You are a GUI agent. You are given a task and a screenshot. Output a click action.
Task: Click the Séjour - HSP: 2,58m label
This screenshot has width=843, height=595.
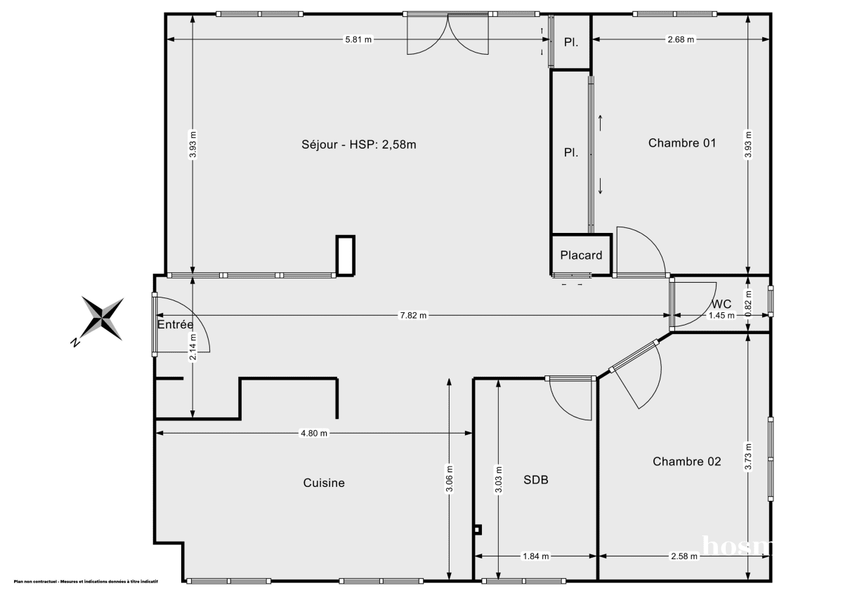click(x=359, y=145)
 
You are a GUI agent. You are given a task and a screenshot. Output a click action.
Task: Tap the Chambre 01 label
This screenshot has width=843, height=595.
click(x=681, y=143)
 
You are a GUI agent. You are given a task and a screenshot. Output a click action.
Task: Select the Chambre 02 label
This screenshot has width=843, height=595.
click(x=686, y=462)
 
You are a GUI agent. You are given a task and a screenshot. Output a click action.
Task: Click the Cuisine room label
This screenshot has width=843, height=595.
click(x=324, y=483)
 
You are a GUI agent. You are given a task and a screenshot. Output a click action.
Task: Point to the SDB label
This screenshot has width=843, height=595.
click(x=535, y=481)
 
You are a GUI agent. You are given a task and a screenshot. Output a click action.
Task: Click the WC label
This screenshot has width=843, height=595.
click(x=721, y=305)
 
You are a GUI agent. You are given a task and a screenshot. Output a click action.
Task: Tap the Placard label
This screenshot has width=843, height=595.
click(x=581, y=255)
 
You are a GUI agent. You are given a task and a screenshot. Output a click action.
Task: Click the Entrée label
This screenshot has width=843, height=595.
click(x=175, y=325)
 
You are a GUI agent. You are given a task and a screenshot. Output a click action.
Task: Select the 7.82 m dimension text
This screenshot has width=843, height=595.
click(x=413, y=316)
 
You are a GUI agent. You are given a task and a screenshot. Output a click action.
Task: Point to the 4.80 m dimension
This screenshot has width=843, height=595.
click(x=314, y=434)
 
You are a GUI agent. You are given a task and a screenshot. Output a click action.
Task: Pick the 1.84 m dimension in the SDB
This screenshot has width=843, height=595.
click(x=535, y=556)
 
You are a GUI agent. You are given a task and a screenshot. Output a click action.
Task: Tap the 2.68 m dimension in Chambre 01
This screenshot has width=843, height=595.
click(x=680, y=39)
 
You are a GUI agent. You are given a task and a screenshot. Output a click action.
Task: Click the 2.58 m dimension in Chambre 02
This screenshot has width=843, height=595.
click(x=684, y=556)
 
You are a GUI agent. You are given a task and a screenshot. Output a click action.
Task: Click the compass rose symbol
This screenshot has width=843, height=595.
click(x=103, y=317)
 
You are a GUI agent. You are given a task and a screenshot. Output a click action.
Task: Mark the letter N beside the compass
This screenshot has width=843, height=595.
click(x=74, y=342)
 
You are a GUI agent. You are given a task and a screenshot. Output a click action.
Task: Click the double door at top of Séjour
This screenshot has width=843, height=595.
click(x=448, y=35)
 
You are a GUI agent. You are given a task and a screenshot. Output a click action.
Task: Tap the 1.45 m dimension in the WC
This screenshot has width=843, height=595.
click(x=721, y=316)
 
